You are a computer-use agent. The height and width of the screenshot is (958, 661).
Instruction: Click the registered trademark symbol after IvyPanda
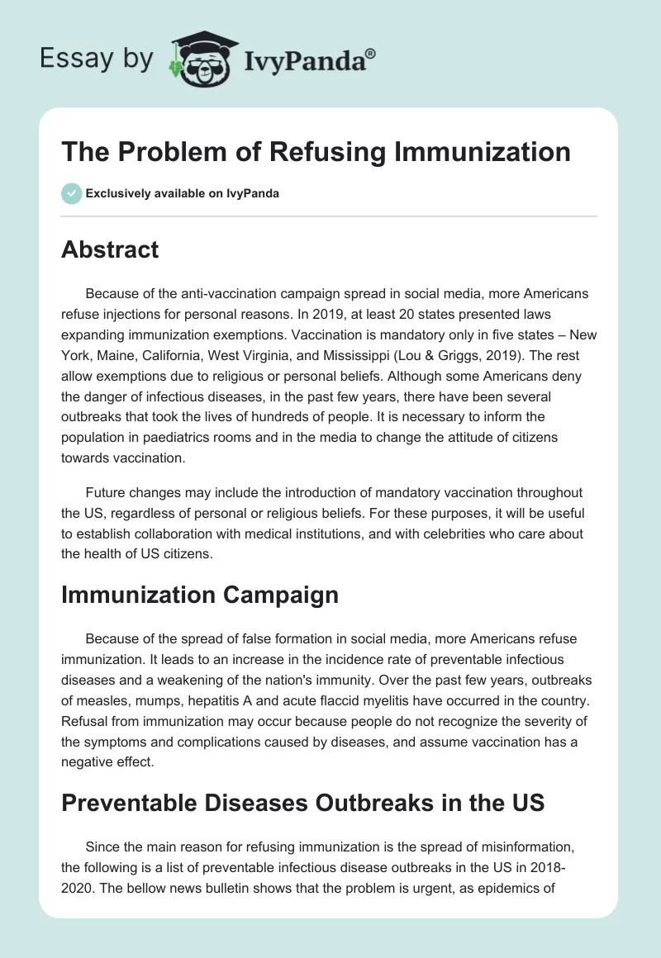click(371, 54)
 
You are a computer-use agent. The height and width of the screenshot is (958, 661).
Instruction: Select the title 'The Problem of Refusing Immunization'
click(316, 152)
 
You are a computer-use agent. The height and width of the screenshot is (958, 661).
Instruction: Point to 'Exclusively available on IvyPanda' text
click(183, 194)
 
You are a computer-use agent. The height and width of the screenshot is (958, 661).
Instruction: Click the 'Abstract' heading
click(110, 250)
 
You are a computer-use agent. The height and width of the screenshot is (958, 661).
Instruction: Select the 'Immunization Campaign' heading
click(200, 595)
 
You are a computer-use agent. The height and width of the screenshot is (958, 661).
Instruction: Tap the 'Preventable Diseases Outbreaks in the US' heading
click(302, 802)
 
